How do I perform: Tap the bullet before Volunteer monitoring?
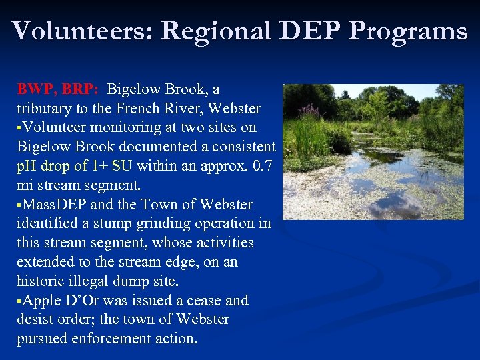click(19, 128)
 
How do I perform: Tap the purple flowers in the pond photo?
click(309, 111)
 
